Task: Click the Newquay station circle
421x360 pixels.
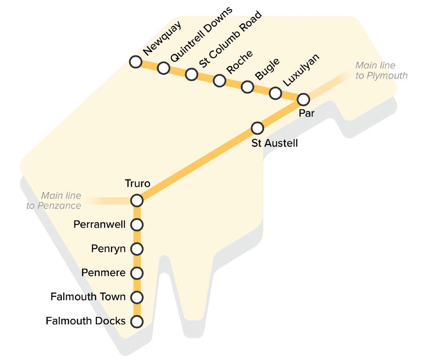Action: (135, 61)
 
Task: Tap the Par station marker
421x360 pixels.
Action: (303, 100)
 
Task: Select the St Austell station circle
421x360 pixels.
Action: (257, 128)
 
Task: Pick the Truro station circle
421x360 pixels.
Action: (137, 200)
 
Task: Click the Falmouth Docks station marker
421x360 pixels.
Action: (137, 322)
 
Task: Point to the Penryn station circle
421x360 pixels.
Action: (137, 249)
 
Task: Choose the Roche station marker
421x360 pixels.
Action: (219, 81)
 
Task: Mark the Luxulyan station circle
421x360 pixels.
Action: (275, 93)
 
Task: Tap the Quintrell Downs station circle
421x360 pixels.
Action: (163, 68)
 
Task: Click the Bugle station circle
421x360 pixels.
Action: (247, 87)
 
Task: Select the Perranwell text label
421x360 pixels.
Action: (100, 225)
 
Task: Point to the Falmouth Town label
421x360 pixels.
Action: (88, 297)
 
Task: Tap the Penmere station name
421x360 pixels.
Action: (103, 273)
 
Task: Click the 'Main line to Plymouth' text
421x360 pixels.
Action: (381, 70)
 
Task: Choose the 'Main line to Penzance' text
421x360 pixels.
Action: (54, 200)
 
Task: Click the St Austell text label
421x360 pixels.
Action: (275, 143)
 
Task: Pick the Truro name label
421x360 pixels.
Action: (137, 183)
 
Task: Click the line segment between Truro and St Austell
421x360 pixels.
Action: (197, 164)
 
